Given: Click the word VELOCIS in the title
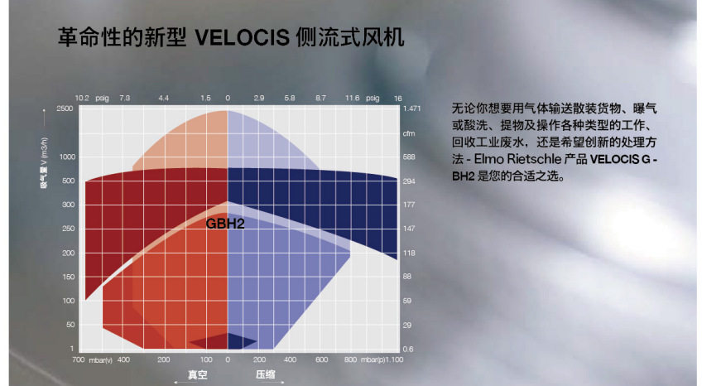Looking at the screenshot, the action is (x=243, y=37).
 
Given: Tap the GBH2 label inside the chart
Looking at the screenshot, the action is (x=225, y=224).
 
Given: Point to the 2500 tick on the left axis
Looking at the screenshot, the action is (x=65, y=109).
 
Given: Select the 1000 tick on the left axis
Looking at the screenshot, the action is (x=68, y=157).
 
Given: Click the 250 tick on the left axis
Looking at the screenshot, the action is (x=69, y=229).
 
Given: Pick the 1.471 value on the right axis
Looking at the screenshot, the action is (x=412, y=109).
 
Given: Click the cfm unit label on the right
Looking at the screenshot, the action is (x=409, y=133).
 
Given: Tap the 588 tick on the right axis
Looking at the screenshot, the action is (x=409, y=157).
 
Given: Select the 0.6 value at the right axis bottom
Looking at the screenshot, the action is (x=408, y=349).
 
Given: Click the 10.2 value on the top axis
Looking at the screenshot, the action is (x=82, y=98).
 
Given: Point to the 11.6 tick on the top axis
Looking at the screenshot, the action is (x=353, y=98).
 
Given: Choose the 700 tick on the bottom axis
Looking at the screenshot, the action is (x=79, y=359).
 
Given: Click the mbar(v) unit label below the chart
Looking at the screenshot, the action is (x=100, y=360).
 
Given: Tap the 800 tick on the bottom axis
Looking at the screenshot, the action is (x=350, y=359).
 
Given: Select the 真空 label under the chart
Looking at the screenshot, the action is (x=197, y=374).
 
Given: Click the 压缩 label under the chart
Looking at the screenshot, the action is (x=266, y=374).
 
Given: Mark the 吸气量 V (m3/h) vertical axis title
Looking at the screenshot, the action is (x=45, y=162).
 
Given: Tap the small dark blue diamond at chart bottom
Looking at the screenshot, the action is (x=228, y=341).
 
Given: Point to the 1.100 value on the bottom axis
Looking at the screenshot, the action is (x=394, y=359).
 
